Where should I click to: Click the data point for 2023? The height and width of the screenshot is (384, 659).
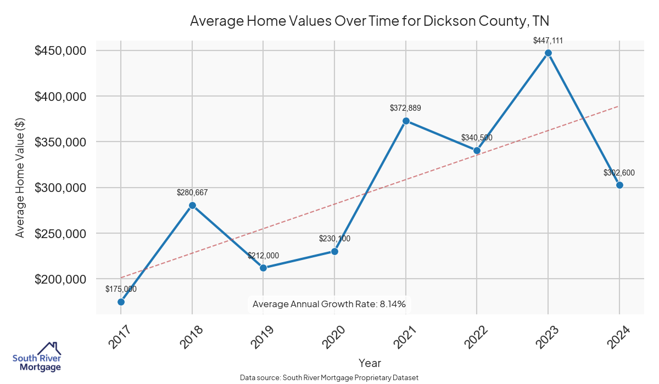(548, 53)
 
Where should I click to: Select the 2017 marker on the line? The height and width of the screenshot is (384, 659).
(121, 302)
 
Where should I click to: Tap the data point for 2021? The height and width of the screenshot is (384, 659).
(406, 121)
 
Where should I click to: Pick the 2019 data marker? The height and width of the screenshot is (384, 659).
(263, 268)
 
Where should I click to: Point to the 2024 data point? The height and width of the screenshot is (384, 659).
(619, 185)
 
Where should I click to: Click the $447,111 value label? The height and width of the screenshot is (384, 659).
(548, 41)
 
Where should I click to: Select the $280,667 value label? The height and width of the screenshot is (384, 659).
(192, 193)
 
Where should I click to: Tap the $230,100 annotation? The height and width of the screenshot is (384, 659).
(334, 239)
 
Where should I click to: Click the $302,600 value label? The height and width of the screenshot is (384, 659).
(619, 173)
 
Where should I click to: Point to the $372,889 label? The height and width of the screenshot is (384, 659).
(406, 108)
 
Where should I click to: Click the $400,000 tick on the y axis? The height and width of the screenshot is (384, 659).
(60, 97)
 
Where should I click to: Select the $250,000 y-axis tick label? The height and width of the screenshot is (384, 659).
(60, 234)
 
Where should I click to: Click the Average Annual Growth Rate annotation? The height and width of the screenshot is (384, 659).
(329, 304)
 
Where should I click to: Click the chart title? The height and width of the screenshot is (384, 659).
(370, 21)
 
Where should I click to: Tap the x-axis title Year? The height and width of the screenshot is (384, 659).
(370, 363)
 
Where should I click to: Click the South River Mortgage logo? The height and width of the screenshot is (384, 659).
(37, 357)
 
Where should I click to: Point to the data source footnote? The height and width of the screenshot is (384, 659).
(329, 378)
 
